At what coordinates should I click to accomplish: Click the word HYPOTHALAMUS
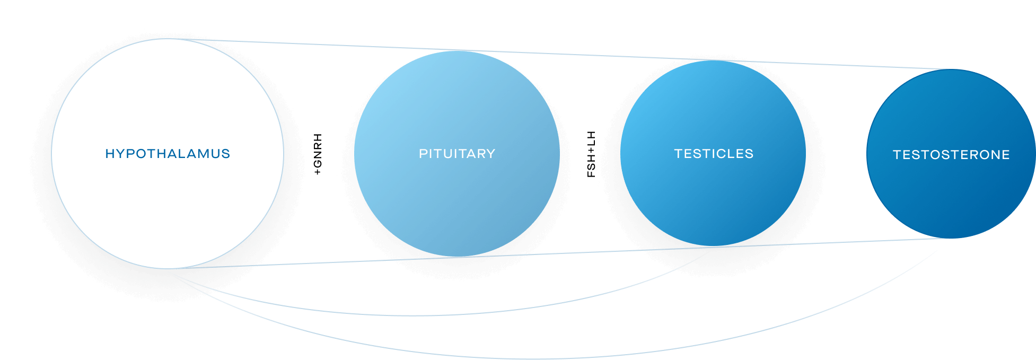168,154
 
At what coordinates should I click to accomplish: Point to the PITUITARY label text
457,154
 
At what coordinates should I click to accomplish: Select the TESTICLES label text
714,154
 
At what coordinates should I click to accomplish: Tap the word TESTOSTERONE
951,155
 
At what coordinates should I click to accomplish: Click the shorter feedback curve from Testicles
424,315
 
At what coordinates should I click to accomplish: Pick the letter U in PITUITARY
451,154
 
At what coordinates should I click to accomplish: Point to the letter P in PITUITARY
423,154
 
